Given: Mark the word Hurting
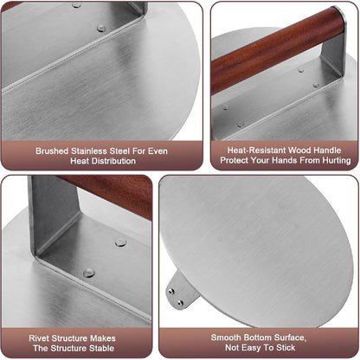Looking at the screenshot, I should [334, 161].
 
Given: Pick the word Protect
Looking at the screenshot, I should [239, 161].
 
